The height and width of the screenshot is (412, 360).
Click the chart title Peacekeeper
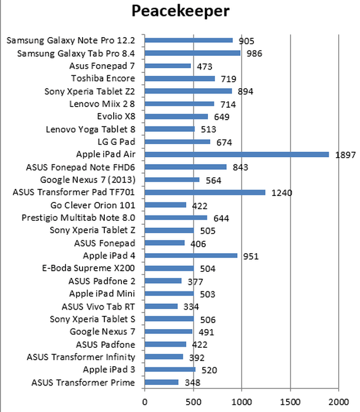click(180, 12)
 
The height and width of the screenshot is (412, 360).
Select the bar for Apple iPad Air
click(236, 154)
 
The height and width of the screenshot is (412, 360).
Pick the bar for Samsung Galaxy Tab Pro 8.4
click(192, 53)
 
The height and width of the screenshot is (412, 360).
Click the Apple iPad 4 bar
click(190, 256)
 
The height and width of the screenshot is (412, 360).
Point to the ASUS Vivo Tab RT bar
click(161, 306)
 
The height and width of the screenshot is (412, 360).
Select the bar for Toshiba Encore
click(179, 78)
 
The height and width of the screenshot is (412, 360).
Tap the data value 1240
click(281, 192)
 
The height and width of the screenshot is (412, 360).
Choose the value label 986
click(255, 54)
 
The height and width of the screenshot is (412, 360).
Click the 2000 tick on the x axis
click(338, 403)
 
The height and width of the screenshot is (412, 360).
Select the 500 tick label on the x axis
click(193, 403)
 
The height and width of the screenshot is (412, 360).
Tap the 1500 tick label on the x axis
click(289, 403)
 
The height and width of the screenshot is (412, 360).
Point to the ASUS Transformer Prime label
click(82, 383)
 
